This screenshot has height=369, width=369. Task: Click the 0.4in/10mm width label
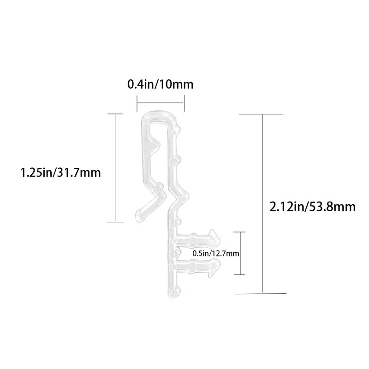tap(160, 85)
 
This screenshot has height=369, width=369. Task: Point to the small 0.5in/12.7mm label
tap(217, 253)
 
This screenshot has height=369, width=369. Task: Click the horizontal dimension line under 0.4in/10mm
tap(161, 103)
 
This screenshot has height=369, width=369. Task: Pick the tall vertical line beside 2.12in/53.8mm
tap(262, 203)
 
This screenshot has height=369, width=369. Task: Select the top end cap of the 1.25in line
tap(115, 113)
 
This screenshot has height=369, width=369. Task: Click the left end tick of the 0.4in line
tap(137, 103)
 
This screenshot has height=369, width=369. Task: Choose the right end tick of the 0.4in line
tap(184, 103)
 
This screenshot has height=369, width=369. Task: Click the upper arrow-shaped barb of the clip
tap(213, 237)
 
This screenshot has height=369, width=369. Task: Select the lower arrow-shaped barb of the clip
tap(213, 267)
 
